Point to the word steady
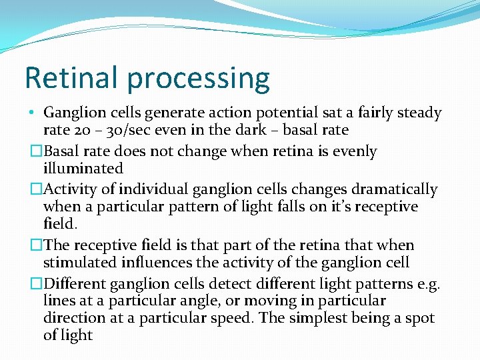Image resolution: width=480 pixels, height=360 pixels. point(419,113)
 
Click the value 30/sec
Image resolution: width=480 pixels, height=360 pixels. point(116,131)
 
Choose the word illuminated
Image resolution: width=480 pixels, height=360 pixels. point(83,169)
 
